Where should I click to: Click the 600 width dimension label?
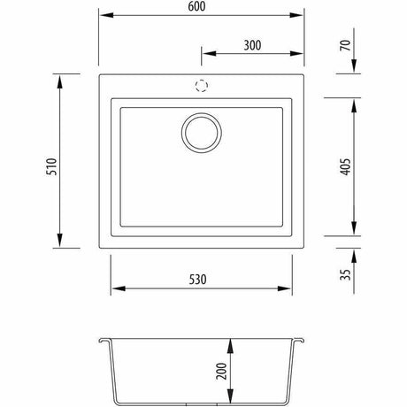point(196,6)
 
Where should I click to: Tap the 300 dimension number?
point(252,45)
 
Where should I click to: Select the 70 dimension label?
point(346,45)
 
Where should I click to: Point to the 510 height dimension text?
point(51,167)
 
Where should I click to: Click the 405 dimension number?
point(346,167)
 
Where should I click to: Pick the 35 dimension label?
point(346,274)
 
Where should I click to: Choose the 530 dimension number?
point(197,280)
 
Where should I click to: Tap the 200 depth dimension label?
point(221,371)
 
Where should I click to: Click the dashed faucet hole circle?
point(202,86)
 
